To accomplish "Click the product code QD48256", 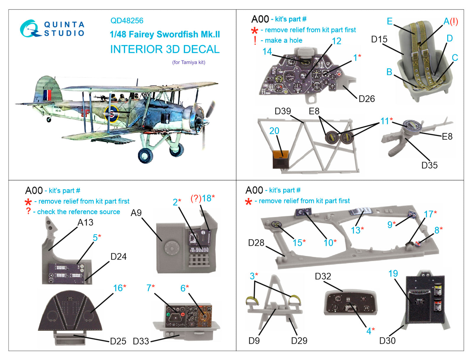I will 127,21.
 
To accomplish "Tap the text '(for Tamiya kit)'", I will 189,62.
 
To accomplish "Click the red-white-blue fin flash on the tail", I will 47,95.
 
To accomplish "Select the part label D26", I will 367,99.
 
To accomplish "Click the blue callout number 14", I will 267,51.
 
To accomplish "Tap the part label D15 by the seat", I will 379,39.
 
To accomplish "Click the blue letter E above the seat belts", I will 390,21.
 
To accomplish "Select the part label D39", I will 283,111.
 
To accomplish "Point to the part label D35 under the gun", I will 429,165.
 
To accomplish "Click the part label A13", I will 85,222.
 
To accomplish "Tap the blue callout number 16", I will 118,288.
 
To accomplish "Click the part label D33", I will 141,341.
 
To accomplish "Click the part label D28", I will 256,243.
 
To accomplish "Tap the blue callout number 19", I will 393,274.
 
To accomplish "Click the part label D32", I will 323,276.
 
